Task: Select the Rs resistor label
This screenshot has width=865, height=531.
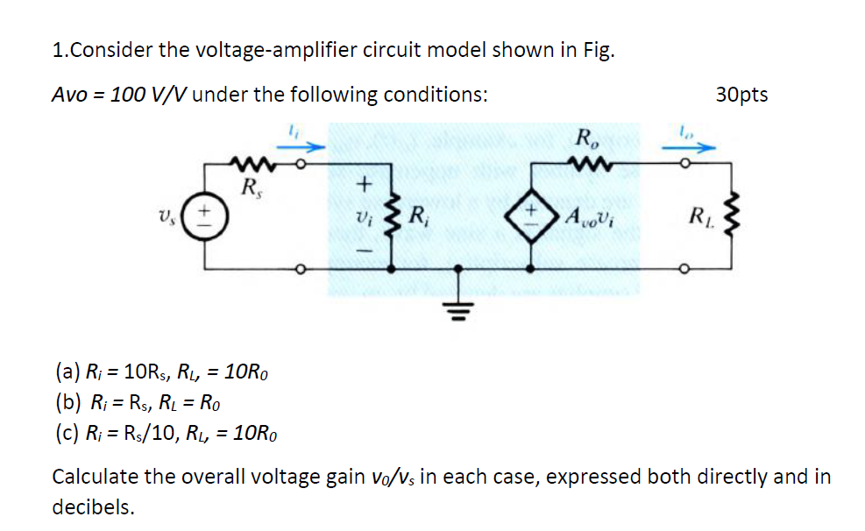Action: (x=251, y=186)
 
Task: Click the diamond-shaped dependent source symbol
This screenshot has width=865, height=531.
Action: (x=533, y=215)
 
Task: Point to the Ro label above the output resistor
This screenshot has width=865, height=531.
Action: (x=584, y=138)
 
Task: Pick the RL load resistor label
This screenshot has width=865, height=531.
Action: (x=700, y=215)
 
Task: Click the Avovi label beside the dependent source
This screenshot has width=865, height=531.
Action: (x=592, y=216)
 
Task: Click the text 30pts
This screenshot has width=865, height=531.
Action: (x=741, y=95)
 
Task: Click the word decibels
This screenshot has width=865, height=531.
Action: (x=94, y=507)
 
